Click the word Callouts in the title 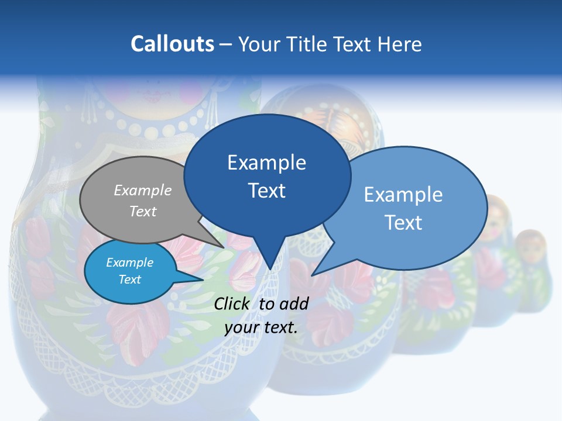pos(172,44)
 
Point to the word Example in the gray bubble pos(143,190)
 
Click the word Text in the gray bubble pos(143,211)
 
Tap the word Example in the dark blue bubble pos(267,163)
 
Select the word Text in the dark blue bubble pos(267,191)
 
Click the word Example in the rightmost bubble pos(403,194)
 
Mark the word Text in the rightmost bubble pos(403,222)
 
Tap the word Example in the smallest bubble pos(129,263)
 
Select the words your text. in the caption pos(261,327)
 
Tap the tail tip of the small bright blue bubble pos(203,279)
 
